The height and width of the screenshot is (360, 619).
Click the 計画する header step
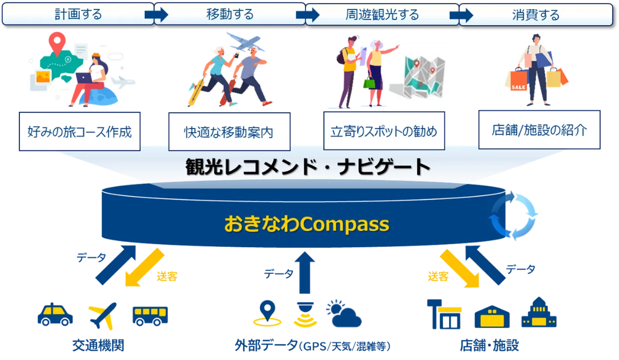[78, 15]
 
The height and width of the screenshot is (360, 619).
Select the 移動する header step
[230, 15]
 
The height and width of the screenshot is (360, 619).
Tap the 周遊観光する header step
[382, 15]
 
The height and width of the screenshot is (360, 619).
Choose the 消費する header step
[536, 15]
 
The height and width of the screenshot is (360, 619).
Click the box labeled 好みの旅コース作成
[80, 132]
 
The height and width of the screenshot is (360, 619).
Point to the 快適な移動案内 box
[230, 132]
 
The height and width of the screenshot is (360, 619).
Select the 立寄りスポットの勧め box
[384, 130]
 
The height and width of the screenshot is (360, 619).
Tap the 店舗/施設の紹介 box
[539, 130]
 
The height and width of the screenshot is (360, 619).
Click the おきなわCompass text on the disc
[307, 224]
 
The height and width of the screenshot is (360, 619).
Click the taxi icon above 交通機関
[55, 314]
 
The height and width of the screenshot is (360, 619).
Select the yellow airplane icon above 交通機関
[103, 315]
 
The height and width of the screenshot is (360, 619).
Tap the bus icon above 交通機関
[150, 316]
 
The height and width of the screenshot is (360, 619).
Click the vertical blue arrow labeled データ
[305, 272]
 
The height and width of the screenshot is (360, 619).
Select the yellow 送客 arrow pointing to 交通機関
[144, 268]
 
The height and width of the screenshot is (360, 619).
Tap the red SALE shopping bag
[519, 80]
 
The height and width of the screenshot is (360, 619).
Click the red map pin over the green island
[57, 44]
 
